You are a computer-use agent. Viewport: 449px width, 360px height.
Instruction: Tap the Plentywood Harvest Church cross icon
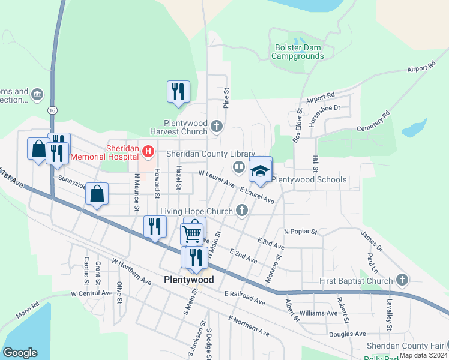click(217, 126)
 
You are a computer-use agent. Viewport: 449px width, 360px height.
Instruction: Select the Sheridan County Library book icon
click(238, 167)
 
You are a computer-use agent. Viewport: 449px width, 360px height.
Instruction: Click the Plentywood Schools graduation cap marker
click(260, 170)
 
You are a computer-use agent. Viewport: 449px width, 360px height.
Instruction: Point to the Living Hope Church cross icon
click(242, 210)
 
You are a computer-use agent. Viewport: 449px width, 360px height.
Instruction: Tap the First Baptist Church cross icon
click(402, 280)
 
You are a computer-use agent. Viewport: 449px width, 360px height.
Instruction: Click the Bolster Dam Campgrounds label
click(297, 52)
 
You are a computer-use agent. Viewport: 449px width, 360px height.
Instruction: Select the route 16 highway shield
click(53, 110)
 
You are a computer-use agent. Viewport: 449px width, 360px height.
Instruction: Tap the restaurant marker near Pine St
click(178, 92)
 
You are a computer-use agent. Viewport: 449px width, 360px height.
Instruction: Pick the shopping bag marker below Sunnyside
click(97, 194)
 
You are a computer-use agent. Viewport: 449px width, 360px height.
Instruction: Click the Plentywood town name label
click(188, 280)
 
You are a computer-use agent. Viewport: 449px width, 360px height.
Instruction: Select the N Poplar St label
click(300, 231)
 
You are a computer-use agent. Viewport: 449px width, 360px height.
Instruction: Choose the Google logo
click(20, 353)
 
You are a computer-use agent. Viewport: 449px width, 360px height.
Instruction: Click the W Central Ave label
click(91, 293)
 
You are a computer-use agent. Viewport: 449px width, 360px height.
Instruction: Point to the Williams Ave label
click(319, 313)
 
